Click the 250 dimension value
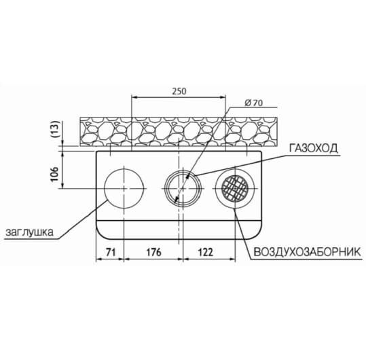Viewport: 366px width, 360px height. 179,91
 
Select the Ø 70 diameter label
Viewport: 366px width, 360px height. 254,103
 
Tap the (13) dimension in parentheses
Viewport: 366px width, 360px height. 55,130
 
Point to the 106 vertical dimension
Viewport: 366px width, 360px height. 55,174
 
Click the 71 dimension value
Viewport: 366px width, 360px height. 111,252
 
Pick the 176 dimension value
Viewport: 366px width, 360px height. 153,252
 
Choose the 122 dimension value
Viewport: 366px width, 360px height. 205,252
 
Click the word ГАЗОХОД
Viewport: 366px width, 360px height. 314,148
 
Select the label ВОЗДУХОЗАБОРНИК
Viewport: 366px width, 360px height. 308,252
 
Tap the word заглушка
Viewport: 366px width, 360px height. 29,232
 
